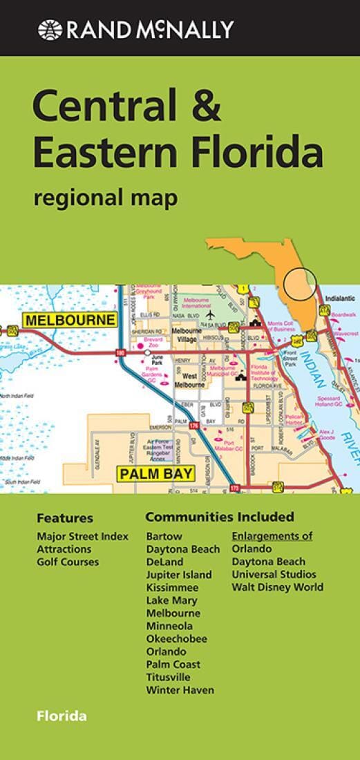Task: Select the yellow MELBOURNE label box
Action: tap(69, 320)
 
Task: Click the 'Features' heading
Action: tap(64, 518)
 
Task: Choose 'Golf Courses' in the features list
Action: tap(68, 562)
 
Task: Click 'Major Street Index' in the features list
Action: tap(82, 536)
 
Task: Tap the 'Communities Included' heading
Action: tap(220, 517)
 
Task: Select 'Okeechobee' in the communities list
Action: tap(177, 638)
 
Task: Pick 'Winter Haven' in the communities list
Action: tap(180, 690)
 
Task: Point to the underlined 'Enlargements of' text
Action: tap(272, 535)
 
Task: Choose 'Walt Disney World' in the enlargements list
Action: tap(277, 587)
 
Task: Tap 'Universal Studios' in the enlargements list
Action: tap(274, 574)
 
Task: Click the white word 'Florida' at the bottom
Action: tap(62, 716)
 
